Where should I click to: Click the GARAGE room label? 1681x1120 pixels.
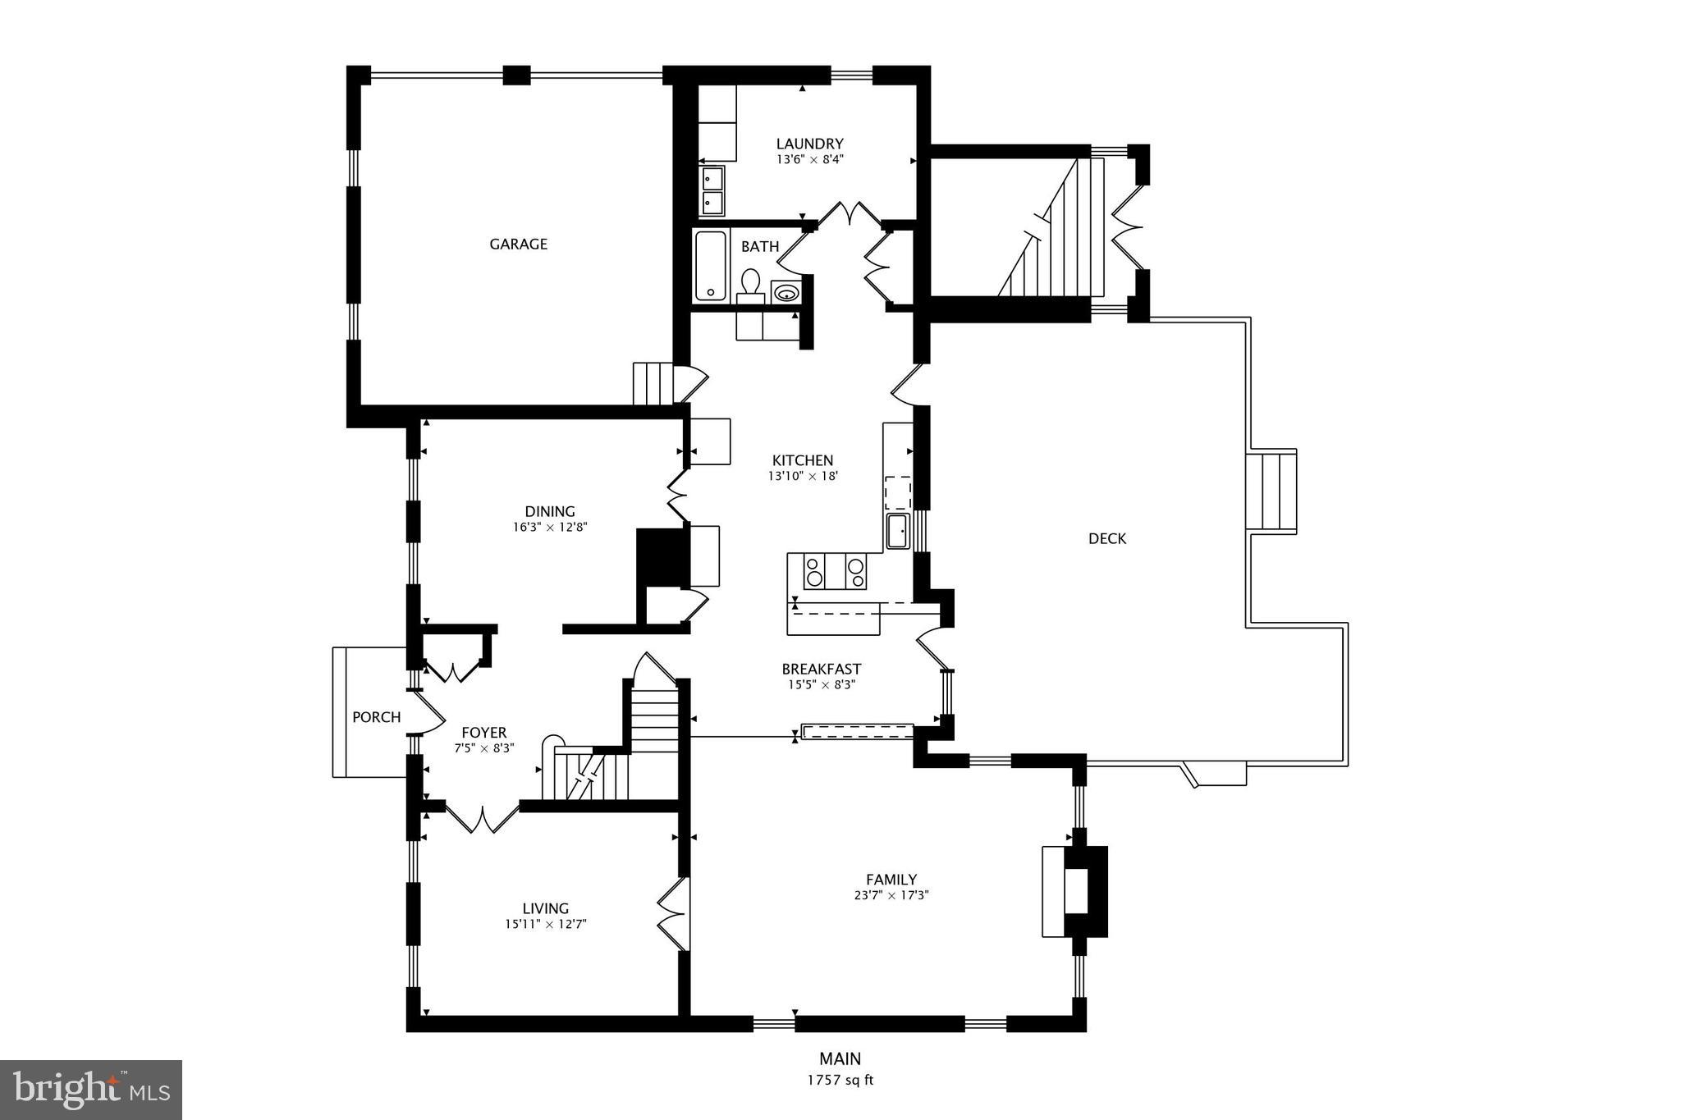click(x=518, y=244)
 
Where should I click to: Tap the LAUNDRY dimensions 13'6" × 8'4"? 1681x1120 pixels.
click(x=809, y=160)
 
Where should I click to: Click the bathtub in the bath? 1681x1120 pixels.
click(x=711, y=265)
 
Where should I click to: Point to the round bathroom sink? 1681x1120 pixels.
click(x=786, y=292)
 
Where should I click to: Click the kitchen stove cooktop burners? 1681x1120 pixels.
click(x=835, y=571)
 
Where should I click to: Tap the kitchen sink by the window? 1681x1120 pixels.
click(x=898, y=531)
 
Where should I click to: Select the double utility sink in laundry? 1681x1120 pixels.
click(x=712, y=190)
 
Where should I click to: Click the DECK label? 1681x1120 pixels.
click(x=1107, y=538)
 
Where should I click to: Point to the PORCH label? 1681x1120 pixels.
click(x=376, y=717)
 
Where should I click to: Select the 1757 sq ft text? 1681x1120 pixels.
click(x=840, y=1080)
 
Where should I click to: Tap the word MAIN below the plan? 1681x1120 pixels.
click(x=840, y=1058)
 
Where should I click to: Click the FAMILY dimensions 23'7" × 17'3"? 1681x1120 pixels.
click(x=891, y=895)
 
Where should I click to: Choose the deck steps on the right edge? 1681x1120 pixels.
click(x=1271, y=491)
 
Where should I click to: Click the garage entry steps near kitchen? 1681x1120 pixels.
click(x=653, y=383)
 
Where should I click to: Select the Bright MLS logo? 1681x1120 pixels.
click(x=91, y=1089)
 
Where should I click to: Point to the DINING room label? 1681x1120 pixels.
click(x=550, y=511)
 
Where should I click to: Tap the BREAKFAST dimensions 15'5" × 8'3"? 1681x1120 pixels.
click(x=822, y=684)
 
